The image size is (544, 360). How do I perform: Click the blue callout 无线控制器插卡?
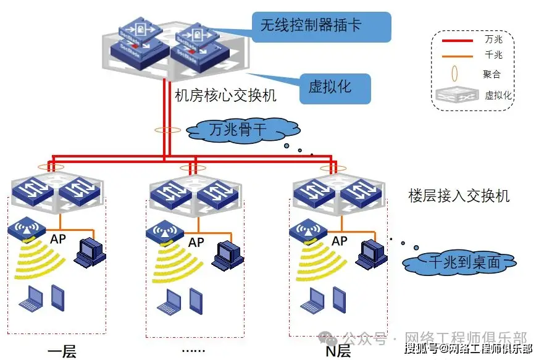pos(321,26)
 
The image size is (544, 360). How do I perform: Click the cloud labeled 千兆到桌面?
pos(459,261)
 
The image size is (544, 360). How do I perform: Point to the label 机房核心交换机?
pos(225,96)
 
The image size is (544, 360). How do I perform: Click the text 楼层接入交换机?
pos(459,196)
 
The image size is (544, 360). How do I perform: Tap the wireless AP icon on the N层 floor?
pos(304,231)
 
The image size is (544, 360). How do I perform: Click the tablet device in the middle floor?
pos(195,299)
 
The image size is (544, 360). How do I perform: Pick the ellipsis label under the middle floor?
pos(194,350)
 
